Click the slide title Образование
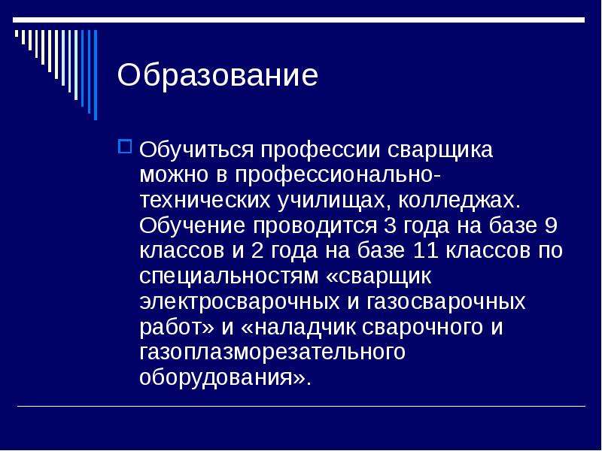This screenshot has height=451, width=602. [x=217, y=75]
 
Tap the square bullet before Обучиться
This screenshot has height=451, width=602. [x=125, y=147]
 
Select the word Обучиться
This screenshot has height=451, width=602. [x=196, y=150]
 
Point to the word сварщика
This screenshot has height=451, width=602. [x=439, y=150]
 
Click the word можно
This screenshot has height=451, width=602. [x=174, y=175]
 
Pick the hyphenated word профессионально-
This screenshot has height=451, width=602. [x=338, y=176]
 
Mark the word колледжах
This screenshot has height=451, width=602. [x=459, y=201]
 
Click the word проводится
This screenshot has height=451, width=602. [x=315, y=226]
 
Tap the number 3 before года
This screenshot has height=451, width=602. [x=390, y=225]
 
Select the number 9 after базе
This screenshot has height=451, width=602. [x=551, y=225]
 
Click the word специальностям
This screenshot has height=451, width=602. [x=229, y=277]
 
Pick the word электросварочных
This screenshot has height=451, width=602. [x=239, y=302]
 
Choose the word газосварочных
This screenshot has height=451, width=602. [x=445, y=302]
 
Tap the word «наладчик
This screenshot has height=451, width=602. [x=299, y=327]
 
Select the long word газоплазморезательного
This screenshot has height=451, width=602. [x=272, y=353]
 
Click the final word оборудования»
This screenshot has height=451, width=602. [x=225, y=378]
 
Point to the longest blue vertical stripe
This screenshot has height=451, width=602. [x=96, y=74]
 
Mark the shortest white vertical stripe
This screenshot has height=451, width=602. [x=17, y=34]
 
